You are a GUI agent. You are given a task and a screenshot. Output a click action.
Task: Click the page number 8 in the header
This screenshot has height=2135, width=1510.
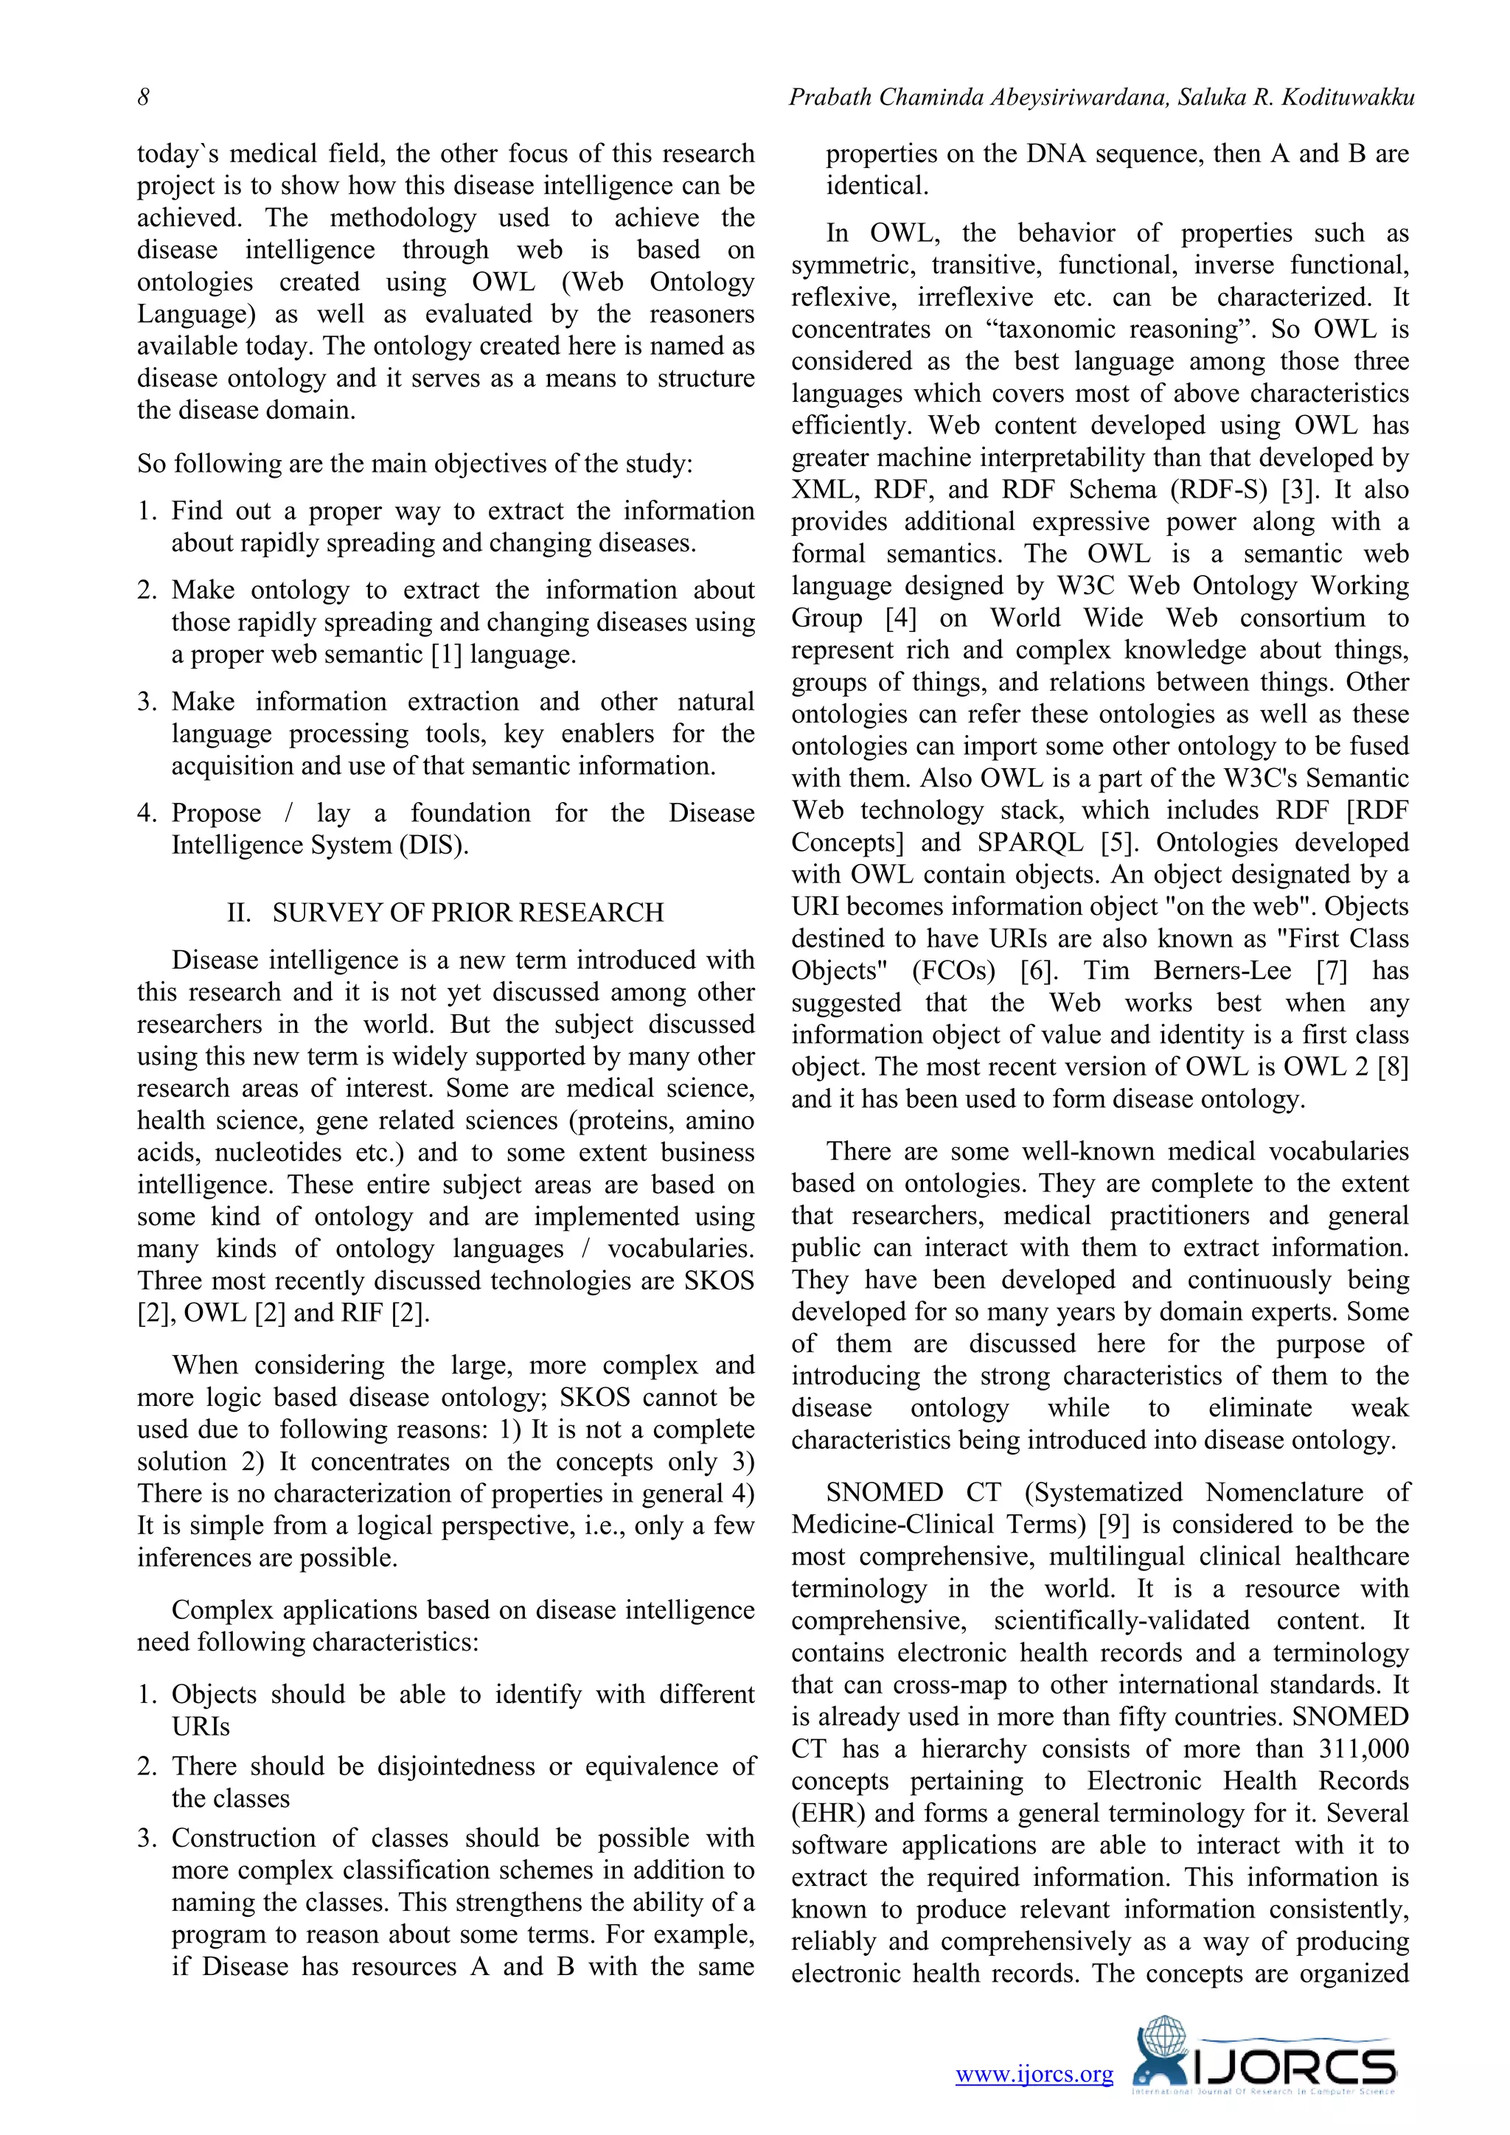click(143, 97)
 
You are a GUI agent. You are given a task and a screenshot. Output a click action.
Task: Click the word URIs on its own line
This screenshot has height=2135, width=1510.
click(200, 1726)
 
